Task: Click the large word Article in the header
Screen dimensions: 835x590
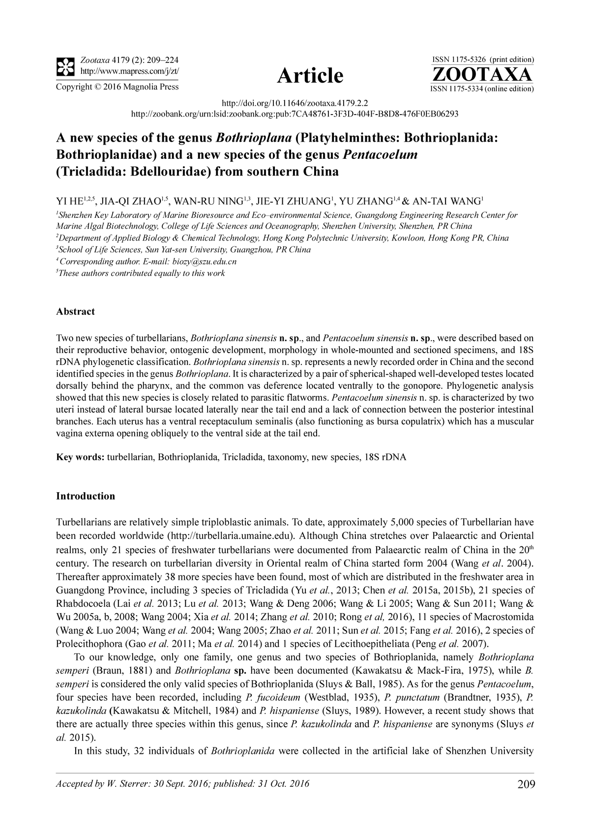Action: tap(310, 75)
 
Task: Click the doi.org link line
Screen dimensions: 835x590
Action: tap(295, 103)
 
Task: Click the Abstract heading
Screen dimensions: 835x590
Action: tap(76, 312)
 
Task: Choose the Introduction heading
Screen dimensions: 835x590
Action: tap(86, 496)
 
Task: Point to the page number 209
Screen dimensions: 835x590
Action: tap(526, 784)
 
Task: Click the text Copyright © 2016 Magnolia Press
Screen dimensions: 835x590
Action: tap(117, 87)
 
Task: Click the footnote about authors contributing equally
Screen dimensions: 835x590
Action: tap(141, 273)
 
